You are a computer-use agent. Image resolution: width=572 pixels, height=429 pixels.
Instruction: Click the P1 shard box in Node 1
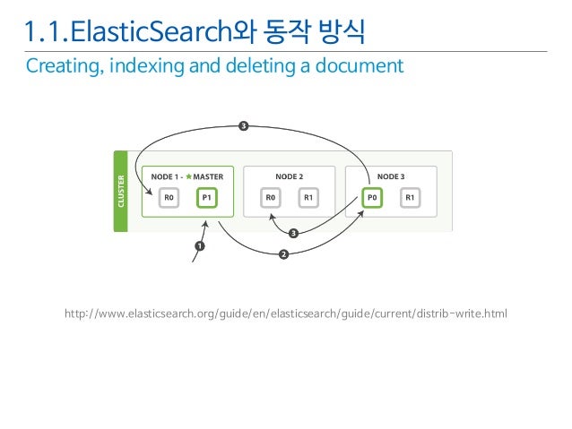pyautogui.click(x=207, y=197)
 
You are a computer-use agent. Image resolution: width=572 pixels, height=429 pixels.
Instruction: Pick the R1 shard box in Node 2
pyautogui.click(x=308, y=197)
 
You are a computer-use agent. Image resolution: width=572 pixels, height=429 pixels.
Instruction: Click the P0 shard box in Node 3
pyautogui.click(x=371, y=197)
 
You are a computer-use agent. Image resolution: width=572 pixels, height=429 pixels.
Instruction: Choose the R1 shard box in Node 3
pyautogui.click(x=410, y=197)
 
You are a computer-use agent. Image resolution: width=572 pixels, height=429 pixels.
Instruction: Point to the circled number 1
pyautogui.click(x=199, y=245)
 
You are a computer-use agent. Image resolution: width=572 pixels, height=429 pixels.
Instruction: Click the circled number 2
pyautogui.click(x=284, y=254)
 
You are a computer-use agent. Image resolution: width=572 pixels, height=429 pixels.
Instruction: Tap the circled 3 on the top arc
pyautogui.click(x=243, y=124)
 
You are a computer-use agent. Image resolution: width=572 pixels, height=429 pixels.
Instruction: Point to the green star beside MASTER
pyautogui.click(x=189, y=176)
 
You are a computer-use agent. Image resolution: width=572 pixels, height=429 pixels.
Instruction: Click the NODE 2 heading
pyautogui.click(x=289, y=176)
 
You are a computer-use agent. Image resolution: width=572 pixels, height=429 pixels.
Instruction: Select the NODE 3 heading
pyautogui.click(x=390, y=176)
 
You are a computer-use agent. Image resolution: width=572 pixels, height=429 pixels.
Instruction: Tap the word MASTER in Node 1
pyautogui.click(x=208, y=176)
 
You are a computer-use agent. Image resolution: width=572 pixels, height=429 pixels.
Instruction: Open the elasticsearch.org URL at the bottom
pyautogui.click(x=285, y=314)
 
